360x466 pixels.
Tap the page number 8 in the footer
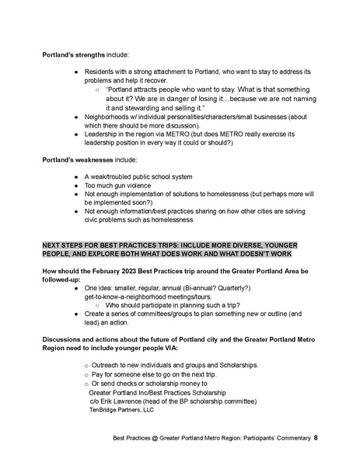tap(316, 439)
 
